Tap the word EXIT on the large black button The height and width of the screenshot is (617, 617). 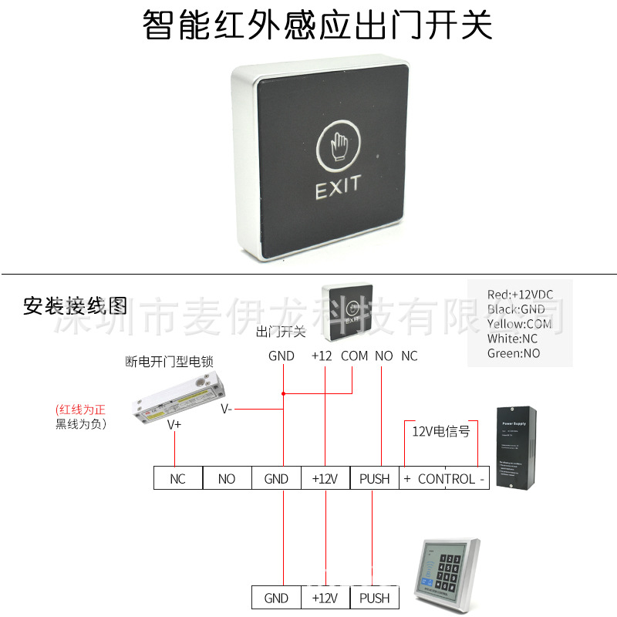click(338, 188)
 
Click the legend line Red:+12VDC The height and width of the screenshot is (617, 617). click(521, 295)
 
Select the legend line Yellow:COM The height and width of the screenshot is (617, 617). click(519, 324)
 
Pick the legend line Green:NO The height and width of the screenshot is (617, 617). click(514, 353)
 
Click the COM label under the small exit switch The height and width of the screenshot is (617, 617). click(354, 356)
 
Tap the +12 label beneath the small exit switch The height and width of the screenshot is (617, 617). click(322, 356)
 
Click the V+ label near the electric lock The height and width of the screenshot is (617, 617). click(175, 423)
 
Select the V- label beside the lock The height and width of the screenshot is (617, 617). click(226, 409)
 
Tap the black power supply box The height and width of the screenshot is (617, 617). click(517, 447)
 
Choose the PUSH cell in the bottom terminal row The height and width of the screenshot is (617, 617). click(374, 598)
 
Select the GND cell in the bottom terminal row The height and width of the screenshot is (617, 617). click(276, 598)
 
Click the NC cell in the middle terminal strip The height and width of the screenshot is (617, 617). click(177, 479)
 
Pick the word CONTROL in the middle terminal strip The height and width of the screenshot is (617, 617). click(447, 479)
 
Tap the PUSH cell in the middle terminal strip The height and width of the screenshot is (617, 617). click(374, 479)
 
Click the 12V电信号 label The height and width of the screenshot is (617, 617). click(441, 431)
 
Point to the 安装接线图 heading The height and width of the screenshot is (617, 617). click(75, 305)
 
